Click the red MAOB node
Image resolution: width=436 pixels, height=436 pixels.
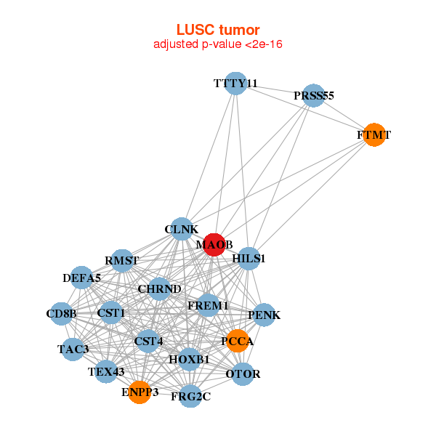[214, 245]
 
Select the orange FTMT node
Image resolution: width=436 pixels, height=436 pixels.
[374, 135]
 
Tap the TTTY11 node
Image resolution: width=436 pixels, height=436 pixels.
[235, 84]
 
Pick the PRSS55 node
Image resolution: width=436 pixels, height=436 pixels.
[313, 96]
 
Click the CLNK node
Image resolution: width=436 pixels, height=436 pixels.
[181, 230]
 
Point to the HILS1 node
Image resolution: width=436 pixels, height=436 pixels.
[249, 259]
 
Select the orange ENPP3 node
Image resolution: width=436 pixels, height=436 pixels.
[140, 392]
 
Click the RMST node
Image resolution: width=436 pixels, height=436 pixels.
[122, 261]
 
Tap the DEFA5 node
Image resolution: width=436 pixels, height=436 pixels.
[82, 278]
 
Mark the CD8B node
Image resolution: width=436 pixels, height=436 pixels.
[61, 314]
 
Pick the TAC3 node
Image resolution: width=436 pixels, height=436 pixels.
[73, 350]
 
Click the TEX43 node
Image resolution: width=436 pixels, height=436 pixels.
[106, 372]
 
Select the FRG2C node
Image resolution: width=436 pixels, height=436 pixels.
[190, 396]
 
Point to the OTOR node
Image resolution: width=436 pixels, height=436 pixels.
[243, 374]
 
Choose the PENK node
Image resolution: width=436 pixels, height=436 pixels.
[264, 315]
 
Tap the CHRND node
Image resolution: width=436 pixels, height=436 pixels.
[159, 289]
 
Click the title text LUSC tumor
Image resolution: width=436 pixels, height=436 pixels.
[218, 30]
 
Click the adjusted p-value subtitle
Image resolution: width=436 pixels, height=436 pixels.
[218, 44]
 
